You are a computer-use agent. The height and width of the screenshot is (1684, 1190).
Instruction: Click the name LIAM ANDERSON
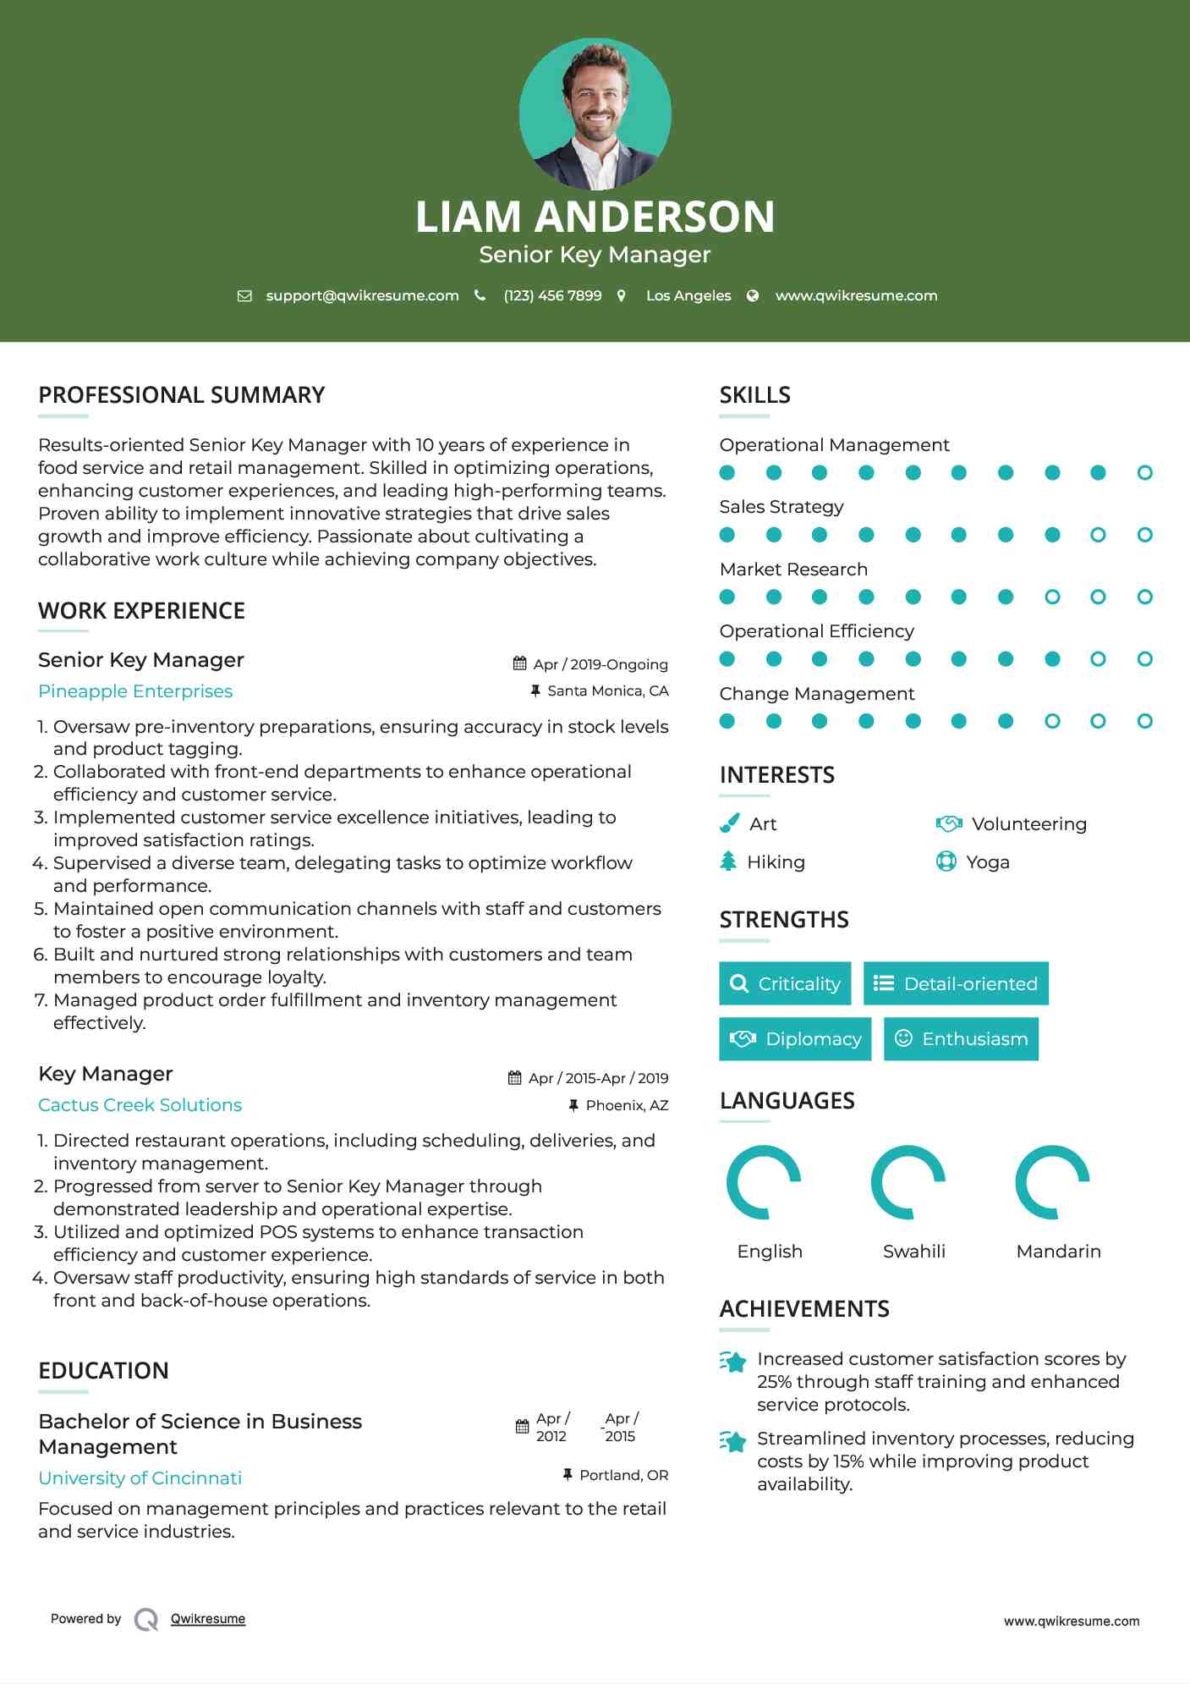[595, 217]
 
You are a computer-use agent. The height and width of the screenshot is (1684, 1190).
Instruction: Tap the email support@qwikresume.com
[362, 295]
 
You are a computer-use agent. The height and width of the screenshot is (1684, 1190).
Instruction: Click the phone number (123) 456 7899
[552, 295]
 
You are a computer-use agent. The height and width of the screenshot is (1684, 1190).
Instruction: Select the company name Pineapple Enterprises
[135, 691]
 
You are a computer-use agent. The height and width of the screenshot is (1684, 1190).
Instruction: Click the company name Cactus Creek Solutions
[140, 1105]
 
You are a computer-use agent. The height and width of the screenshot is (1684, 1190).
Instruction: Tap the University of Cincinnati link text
[140, 1478]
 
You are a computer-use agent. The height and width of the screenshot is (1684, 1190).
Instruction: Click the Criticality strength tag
[785, 983]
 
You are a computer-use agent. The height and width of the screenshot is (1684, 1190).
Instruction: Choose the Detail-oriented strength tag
[956, 983]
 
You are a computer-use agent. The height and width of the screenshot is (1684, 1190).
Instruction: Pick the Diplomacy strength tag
[795, 1039]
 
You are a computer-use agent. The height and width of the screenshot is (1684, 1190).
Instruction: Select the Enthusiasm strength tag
[961, 1039]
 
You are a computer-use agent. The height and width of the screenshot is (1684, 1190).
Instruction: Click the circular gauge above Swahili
[908, 1182]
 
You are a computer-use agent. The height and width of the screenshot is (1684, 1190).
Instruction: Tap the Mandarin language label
[1058, 1252]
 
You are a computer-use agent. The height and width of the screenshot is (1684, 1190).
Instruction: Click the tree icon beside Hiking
[728, 861]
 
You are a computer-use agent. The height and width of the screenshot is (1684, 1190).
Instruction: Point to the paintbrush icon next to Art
[729, 823]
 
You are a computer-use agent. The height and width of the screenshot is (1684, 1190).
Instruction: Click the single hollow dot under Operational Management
[1144, 473]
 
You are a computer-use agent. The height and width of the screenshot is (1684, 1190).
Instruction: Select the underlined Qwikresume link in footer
[208, 1619]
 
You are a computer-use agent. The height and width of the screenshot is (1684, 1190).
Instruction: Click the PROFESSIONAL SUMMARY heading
[182, 395]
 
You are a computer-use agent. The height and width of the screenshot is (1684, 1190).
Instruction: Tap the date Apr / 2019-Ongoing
[600, 664]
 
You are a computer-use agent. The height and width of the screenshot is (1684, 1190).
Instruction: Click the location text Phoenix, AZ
[627, 1105]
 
